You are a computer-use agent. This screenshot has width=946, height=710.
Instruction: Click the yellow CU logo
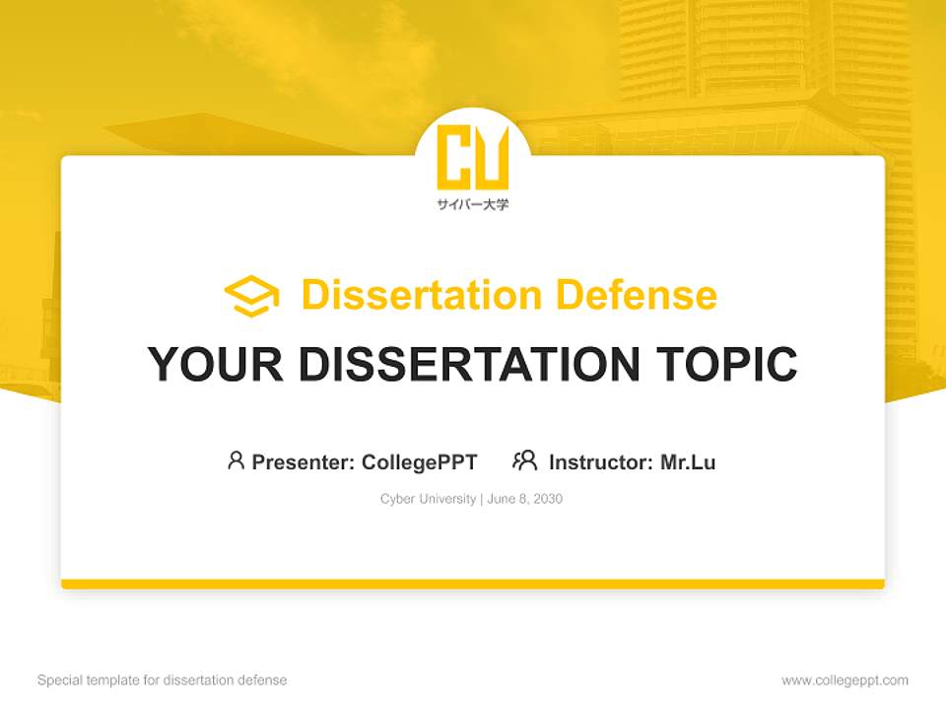pyautogui.click(x=473, y=157)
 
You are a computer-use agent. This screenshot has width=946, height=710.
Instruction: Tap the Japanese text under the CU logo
pyautogui.click(x=473, y=205)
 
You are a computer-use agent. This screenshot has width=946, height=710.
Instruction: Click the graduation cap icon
pyautogui.click(x=251, y=296)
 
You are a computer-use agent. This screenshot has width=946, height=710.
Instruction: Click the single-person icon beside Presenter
pyautogui.click(x=236, y=461)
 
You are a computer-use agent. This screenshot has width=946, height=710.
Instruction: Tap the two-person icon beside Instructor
pyautogui.click(x=524, y=461)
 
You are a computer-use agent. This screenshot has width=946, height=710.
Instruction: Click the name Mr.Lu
pyautogui.click(x=688, y=461)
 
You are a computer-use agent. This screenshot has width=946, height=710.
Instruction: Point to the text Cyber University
pyautogui.click(x=428, y=499)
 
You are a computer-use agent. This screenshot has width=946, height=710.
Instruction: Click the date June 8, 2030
pyautogui.click(x=524, y=499)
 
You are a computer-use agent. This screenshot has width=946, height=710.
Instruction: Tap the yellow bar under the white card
pyautogui.click(x=473, y=584)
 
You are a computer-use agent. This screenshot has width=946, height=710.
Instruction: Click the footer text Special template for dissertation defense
pyautogui.click(x=163, y=680)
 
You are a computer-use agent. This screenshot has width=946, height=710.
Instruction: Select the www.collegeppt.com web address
pyautogui.click(x=845, y=680)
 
